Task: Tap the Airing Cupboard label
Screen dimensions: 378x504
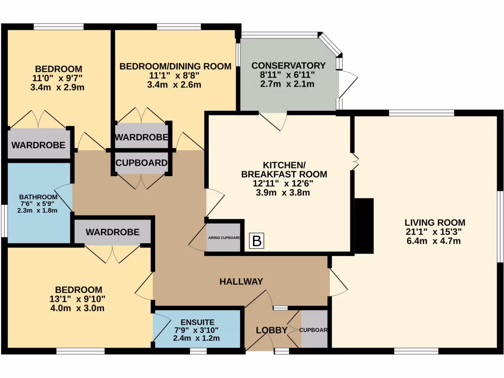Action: click(x=224, y=238)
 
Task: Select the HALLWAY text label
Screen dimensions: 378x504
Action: click(x=241, y=281)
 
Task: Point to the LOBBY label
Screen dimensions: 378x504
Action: click(x=271, y=330)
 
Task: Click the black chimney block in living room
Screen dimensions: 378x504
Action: click(x=365, y=225)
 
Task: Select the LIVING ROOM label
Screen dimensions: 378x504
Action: click(x=428, y=222)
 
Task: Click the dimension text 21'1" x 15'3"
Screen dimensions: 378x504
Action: click(x=428, y=231)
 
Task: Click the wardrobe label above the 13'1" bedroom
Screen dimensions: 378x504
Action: click(x=112, y=232)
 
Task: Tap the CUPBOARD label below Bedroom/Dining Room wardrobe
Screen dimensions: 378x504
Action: click(x=141, y=163)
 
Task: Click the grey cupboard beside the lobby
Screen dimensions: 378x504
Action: click(x=314, y=329)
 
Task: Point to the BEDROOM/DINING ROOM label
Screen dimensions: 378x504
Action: click(x=175, y=66)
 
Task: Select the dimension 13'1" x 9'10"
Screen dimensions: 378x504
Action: click(x=79, y=299)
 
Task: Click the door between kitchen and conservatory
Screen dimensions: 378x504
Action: click(x=274, y=121)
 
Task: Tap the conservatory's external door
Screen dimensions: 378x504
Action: click(x=347, y=84)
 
